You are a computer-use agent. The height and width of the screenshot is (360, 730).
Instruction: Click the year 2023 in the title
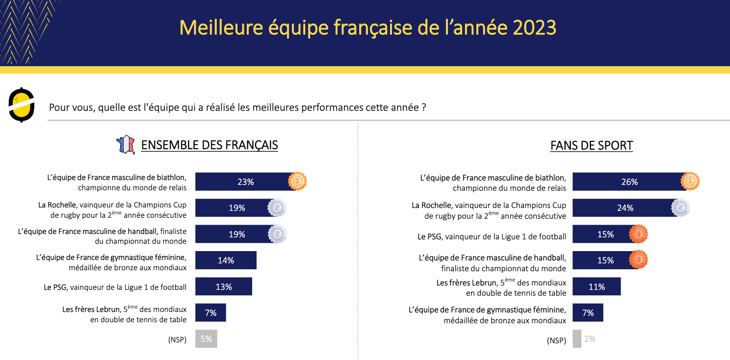click(534, 28)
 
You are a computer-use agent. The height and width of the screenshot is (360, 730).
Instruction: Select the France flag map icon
click(125, 145)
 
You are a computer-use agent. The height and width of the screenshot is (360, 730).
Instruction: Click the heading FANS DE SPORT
click(592, 146)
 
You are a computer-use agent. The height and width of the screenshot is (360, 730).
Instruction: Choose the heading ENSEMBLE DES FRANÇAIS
click(209, 145)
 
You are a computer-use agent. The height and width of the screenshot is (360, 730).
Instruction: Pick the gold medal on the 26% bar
click(690, 181)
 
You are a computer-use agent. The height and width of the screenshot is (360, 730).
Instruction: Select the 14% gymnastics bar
click(226, 260)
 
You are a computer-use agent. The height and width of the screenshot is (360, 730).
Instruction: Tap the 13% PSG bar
click(223, 286)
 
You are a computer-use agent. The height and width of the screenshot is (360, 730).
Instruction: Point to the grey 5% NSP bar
click(206, 339)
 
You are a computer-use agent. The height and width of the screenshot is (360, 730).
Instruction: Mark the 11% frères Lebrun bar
click(597, 286)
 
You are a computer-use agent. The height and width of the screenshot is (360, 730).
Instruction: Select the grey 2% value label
click(590, 339)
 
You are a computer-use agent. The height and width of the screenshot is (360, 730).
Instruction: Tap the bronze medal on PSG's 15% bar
click(638, 234)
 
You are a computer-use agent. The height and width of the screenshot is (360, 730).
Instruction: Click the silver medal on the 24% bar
click(680, 208)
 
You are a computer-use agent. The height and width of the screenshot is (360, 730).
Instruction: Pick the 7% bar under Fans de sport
click(588, 313)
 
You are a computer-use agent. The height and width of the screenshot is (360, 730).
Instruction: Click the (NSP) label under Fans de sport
click(556, 340)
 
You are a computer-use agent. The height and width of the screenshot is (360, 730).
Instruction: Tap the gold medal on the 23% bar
click(297, 181)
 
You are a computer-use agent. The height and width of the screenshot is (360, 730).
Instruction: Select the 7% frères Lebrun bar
click(210, 313)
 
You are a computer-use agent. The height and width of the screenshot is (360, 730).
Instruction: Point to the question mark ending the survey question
click(423, 107)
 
